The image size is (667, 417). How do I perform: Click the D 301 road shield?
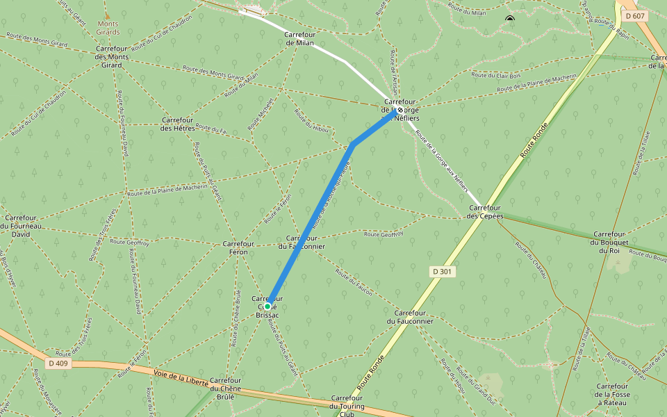click(442, 271)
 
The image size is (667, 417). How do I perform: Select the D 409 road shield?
click(58, 363)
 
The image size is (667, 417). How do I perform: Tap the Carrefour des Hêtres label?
click(176, 124)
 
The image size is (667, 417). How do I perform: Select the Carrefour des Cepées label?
click(485, 211)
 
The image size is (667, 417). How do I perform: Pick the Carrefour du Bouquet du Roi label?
click(609, 242)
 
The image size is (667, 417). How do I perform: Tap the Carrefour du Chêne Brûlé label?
click(225, 389)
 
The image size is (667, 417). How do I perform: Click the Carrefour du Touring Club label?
click(346, 406)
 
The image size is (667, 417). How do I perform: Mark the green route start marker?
click(267, 306)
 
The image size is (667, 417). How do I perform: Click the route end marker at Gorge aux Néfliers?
click(400, 109)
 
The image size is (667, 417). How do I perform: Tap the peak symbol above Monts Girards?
click(106, 15)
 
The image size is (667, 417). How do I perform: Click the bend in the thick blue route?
click(353, 145)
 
